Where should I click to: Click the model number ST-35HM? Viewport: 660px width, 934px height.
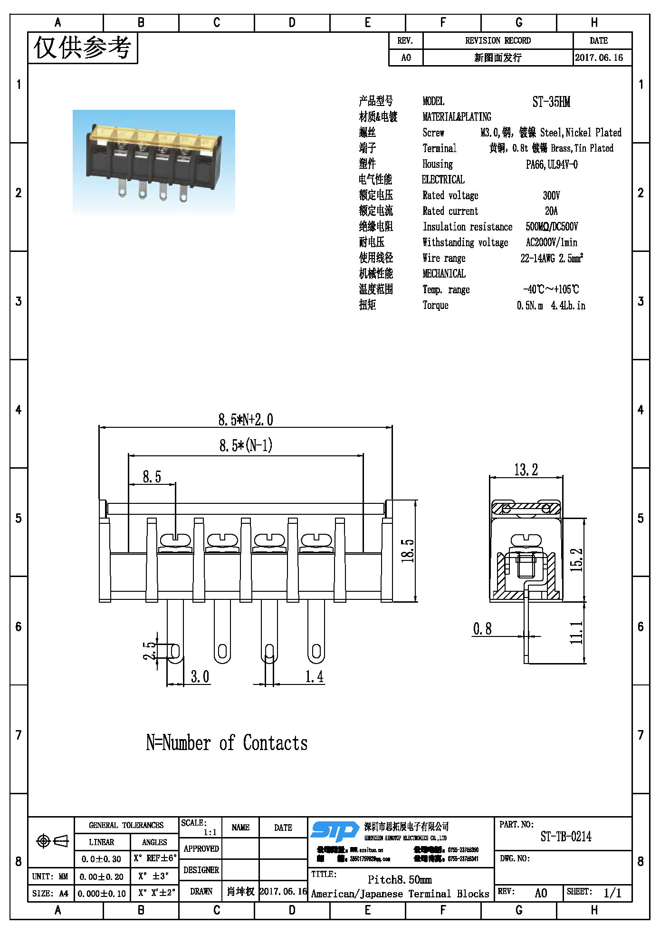pos(551,102)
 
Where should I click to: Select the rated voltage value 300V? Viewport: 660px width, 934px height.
pos(551,195)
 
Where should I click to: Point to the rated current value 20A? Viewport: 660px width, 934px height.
pos(551,211)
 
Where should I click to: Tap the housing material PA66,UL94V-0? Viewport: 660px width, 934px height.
pos(551,164)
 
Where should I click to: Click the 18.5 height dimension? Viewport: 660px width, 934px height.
pos(408,550)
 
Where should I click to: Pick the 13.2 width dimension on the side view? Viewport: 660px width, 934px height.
pos(526,470)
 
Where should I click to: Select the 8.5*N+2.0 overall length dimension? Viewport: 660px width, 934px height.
pos(245,420)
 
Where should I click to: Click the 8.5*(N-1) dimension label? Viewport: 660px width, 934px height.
pos(245,445)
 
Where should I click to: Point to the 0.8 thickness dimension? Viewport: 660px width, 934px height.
pos(482,629)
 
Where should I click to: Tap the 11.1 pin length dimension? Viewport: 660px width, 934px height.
pos(576,632)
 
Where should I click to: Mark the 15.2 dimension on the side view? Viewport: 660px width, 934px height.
pos(576,559)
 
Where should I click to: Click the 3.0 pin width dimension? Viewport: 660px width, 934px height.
pos(200,676)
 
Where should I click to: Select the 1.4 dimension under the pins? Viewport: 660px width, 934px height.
pos(314,676)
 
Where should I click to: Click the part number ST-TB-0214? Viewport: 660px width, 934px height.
pos(565,837)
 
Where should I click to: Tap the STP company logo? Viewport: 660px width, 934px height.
pos(335,831)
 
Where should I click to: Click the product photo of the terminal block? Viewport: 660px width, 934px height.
pos(153,162)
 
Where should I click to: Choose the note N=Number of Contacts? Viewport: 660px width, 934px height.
pos(227,743)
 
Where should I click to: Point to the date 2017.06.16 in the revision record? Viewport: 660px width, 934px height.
pos(599,58)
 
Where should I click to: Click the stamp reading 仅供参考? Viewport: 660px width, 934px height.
pos(82,48)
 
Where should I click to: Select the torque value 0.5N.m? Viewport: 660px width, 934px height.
pos(529,305)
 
